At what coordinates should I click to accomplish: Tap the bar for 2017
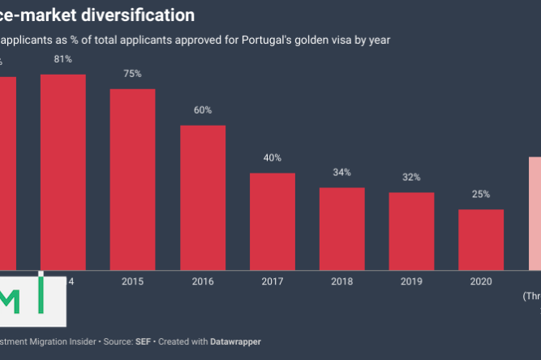pos(273,221)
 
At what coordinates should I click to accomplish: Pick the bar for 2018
pos(341,228)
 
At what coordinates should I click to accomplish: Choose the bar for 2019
pos(411,230)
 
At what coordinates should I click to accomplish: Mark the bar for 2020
pos(481,238)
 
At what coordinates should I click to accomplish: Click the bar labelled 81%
pos(62,170)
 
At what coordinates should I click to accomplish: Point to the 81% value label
pos(62,58)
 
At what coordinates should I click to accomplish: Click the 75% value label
pos(132,74)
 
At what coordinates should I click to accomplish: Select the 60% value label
pos(203,110)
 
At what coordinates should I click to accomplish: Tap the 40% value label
pos(273,158)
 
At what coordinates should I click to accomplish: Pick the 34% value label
pos(341,173)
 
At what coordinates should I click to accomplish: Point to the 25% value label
pos(481,195)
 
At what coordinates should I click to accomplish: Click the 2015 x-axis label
pos(132,281)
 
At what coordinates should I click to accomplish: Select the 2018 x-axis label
pos(341,281)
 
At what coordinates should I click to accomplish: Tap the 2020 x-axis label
pos(481,281)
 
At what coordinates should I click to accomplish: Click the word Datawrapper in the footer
pos(231,341)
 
